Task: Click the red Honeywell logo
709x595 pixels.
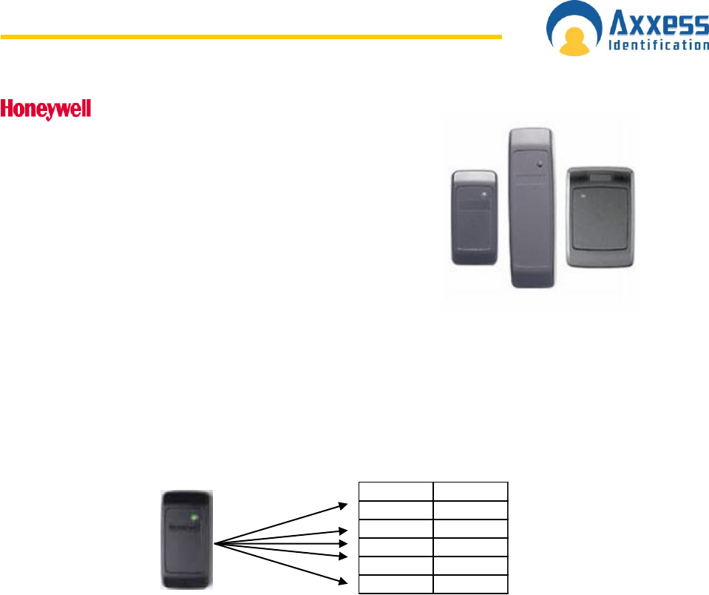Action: pos(46,110)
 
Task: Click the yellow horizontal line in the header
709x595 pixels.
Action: pos(251,36)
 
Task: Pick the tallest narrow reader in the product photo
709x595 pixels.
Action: pos(529,207)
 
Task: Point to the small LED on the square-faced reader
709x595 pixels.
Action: pos(583,195)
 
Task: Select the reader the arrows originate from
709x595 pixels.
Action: pos(188,538)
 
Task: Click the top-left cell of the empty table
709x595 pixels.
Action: pos(396,491)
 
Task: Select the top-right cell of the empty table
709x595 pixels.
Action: pos(470,491)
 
